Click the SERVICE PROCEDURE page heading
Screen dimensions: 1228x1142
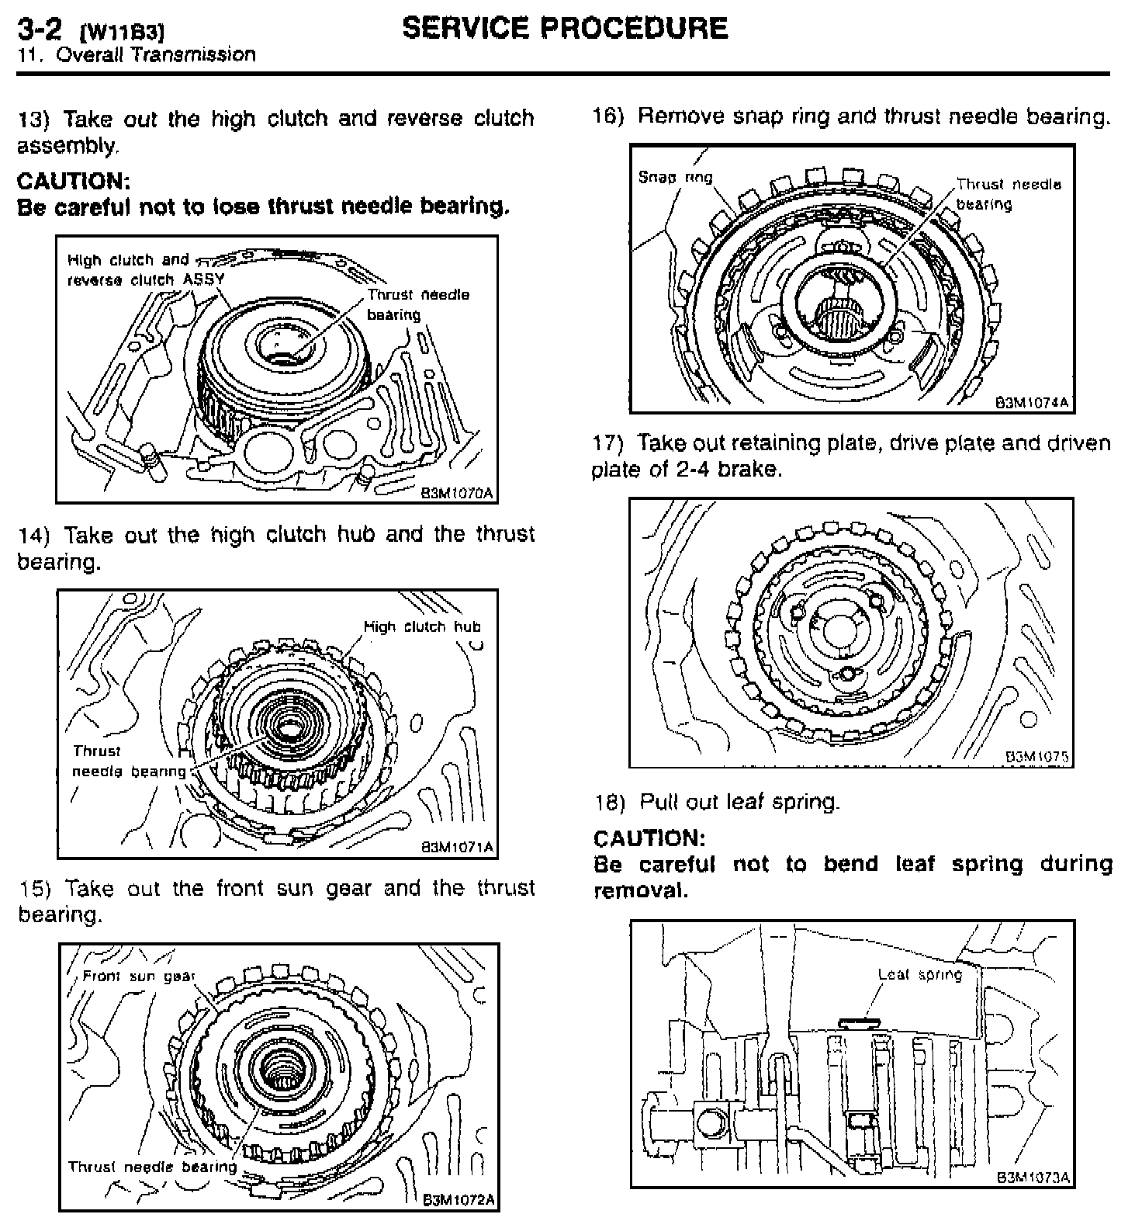click(x=565, y=29)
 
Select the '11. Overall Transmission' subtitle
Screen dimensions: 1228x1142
click(x=137, y=55)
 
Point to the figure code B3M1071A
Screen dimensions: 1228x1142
click(x=457, y=847)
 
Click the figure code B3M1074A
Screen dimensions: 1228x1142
click(x=1033, y=402)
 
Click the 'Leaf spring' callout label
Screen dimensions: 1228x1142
click(x=919, y=974)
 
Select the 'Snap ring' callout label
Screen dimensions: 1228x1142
click(x=675, y=177)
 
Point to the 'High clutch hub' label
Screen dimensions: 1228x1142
click(x=422, y=626)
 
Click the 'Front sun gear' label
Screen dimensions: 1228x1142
click(x=138, y=976)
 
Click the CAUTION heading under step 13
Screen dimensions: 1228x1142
click(x=73, y=181)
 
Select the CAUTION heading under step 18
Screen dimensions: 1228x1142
click(x=649, y=838)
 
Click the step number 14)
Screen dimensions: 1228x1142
click(x=34, y=535)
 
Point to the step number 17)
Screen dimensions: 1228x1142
click(x=608, y=443)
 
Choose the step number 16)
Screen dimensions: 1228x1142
click(x=608, y=117)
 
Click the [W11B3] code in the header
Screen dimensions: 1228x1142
click(x=123, y=33)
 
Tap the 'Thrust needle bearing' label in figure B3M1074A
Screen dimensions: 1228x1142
click(x=1008, y=194)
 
